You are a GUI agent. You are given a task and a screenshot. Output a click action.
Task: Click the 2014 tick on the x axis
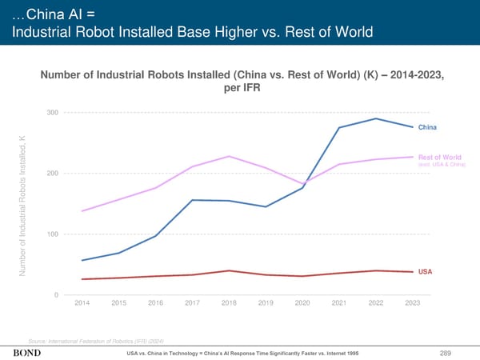point(82,302)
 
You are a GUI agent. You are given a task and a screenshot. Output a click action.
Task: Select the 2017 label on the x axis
point(193,302)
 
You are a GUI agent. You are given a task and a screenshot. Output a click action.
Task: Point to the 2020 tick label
point(303,302)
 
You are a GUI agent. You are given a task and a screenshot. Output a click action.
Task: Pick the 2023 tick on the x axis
point(413,302)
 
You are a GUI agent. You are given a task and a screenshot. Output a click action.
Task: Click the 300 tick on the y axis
point(51,112)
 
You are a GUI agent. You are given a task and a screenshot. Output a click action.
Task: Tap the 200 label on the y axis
point(51,174)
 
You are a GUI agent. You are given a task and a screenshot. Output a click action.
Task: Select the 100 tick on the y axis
point(51,234)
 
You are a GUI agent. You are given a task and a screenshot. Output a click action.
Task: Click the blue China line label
point(427,128)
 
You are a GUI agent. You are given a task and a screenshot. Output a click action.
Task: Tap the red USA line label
point(425,272)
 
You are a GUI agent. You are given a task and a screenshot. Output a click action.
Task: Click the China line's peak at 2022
point(376,118)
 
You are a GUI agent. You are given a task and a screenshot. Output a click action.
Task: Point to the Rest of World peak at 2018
point(230,156)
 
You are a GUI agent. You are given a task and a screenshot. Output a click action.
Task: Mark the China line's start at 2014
point(82,260)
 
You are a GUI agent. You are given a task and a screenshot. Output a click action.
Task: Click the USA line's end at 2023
point(413,272)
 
